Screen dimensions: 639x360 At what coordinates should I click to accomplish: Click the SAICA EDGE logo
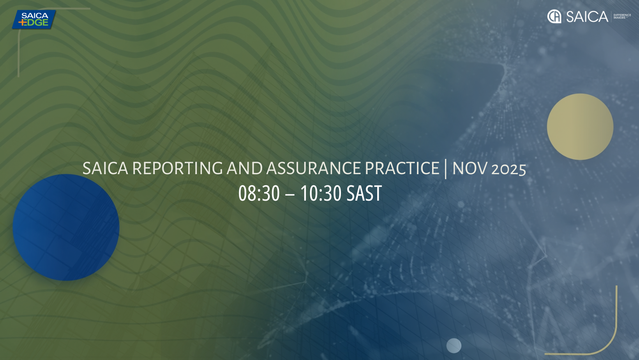point(34,19)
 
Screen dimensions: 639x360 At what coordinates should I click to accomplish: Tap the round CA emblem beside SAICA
point(554,16)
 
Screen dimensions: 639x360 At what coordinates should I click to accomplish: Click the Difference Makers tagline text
point(622,16)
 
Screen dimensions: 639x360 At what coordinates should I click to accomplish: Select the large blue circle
point(66,228)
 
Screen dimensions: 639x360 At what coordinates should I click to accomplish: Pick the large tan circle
point(580,127)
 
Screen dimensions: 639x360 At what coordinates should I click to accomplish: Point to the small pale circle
point(454,346)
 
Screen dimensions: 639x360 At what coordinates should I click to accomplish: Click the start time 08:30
point(259,193)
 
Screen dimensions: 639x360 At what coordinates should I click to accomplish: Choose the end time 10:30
point(321,193)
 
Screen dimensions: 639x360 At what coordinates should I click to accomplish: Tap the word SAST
point(364,193)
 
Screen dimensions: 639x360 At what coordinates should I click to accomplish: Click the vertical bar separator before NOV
point(446,169)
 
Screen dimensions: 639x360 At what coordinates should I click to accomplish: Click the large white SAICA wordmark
point(587,16)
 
